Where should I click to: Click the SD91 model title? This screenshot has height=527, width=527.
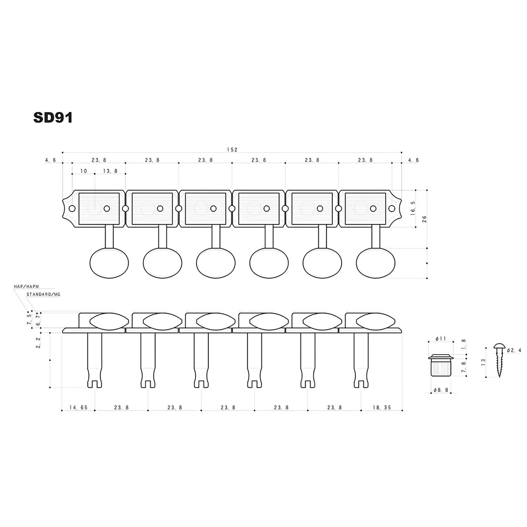(53, 118)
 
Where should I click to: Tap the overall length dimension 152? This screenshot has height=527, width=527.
(232, 150)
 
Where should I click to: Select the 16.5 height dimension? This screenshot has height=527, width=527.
(413, 208)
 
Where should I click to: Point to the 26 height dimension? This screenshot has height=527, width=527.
(425, 219)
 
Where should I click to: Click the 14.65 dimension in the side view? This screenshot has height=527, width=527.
(78, 407)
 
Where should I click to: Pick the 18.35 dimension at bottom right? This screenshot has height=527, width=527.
(382, 407)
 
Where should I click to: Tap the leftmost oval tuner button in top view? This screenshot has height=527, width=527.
(109, 263)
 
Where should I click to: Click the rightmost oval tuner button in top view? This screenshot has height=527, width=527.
(375, 263)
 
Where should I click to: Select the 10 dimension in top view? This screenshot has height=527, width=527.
(83, 171)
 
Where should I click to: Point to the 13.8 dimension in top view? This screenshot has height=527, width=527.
(110, 171)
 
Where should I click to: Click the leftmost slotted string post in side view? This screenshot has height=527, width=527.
(95, 361)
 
